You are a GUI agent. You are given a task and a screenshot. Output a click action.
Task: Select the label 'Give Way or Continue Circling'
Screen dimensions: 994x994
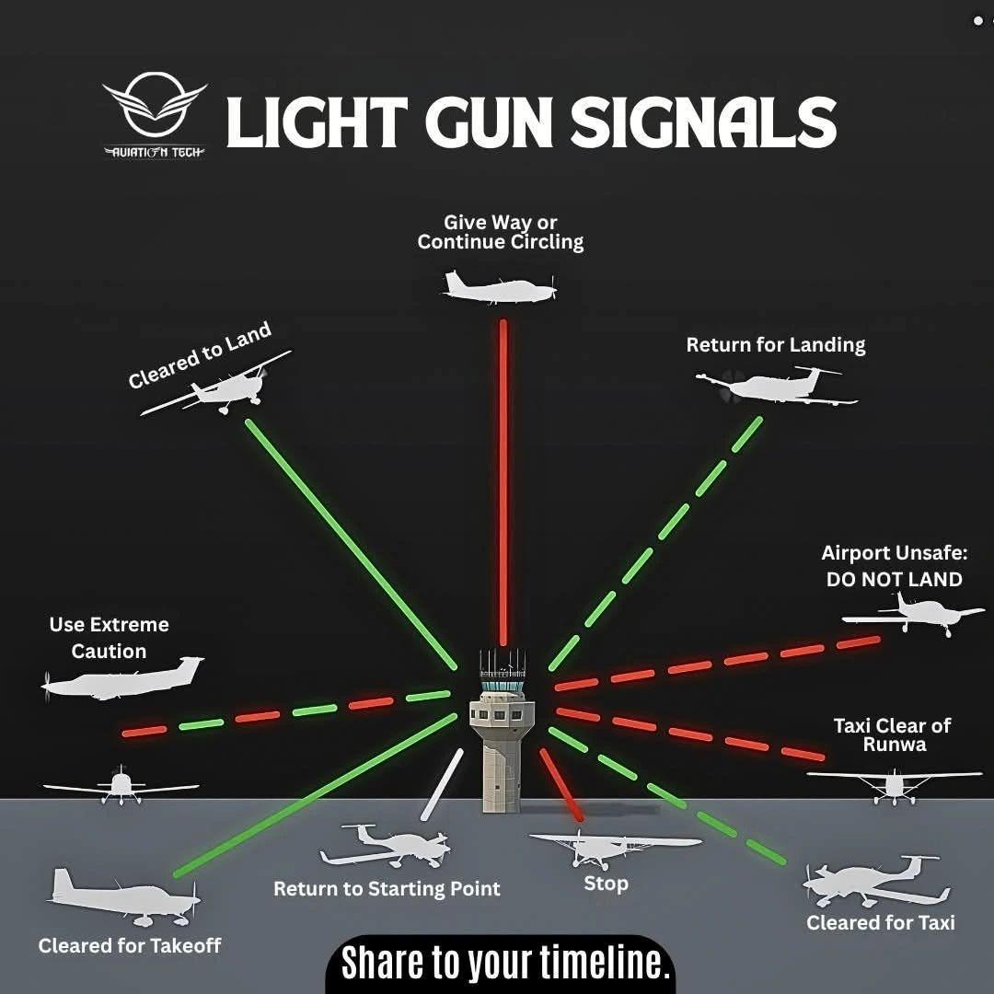click(x=501, y=232)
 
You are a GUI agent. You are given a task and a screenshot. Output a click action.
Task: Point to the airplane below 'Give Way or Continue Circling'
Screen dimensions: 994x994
click(x=500, y=288)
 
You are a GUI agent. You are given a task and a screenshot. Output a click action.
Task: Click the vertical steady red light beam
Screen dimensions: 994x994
click(x=503, y=479)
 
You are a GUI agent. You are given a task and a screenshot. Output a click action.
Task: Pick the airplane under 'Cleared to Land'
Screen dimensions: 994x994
click(x=221, y=388)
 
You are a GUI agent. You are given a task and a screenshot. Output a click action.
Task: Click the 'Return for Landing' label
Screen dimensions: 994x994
click(x=776, y=345)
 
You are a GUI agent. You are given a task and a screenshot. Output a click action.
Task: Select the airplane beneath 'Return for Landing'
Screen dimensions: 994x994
click(x=778, y=387)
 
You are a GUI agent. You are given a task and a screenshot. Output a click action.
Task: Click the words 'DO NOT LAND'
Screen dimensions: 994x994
click(x=894, y=580)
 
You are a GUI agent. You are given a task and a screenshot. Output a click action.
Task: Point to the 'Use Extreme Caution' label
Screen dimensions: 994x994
click(x=110, y=638)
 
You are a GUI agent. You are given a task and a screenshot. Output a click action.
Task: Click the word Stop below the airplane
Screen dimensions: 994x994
click(x=607, y=884)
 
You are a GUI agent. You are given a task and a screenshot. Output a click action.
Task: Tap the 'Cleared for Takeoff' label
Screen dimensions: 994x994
click(x=130, y=945)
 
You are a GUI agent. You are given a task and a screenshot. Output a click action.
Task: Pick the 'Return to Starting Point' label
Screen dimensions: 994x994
click(x=387, y=889)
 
